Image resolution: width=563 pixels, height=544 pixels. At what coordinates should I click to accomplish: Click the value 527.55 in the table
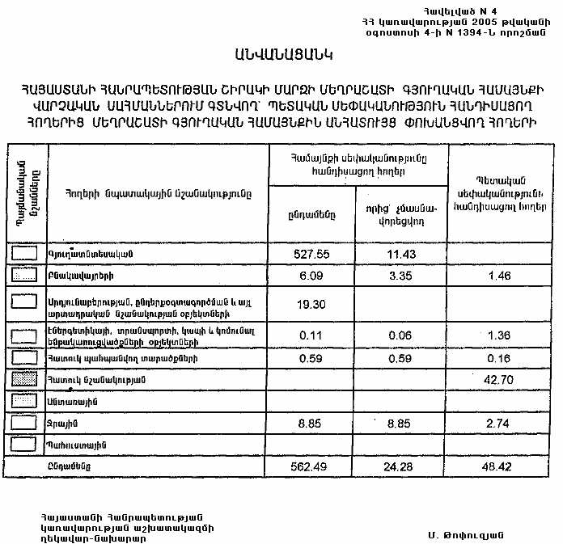click(311, 254)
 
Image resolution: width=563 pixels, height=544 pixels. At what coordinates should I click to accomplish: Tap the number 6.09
click(311, 276)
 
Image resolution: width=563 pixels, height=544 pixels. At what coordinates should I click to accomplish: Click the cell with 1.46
click(499, 276)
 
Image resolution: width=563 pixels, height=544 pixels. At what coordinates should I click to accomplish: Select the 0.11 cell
click(311, 334)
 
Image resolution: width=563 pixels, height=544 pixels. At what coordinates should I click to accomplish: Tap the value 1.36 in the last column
click(499, 334)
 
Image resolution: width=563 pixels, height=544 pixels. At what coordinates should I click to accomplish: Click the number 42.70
click(499, 379)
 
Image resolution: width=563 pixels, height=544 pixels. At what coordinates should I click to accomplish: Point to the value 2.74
click(499, 423)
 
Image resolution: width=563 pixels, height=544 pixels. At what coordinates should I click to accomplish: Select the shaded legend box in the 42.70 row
click(25, 379)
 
